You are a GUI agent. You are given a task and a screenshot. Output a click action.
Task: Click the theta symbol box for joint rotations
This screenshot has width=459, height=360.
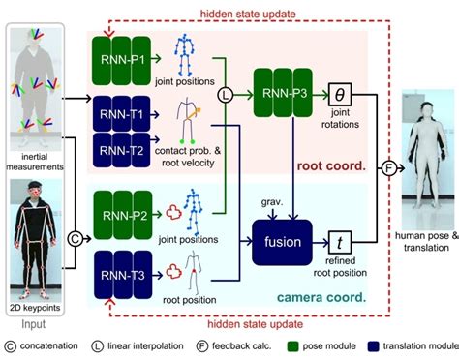339,94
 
